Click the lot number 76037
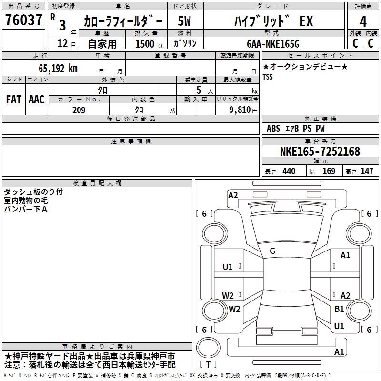[23, 20]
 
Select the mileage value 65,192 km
[58, 69]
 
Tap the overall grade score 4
[363, 21]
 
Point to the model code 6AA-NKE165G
[273, 44]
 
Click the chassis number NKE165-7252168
[320, 151]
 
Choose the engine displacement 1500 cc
[150, 44]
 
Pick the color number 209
[79, 110]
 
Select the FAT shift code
[14, 100]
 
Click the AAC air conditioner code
[37, 100]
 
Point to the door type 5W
[184, 21]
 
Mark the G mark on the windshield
[272, 251]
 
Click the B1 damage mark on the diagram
[339, 309]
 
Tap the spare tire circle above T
[208, 348]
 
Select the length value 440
[289, 171]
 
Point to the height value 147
[367, 171]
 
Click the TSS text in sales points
[268, 77]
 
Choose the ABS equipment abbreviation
[273, 129]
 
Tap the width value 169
[329, 171]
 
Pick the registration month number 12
[62, 43]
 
